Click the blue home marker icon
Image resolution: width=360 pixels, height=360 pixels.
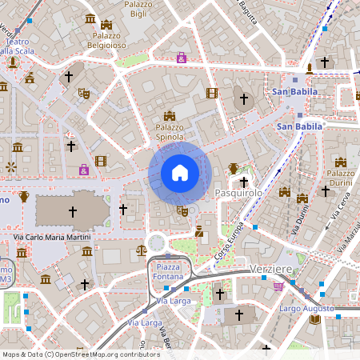tap(180, 173)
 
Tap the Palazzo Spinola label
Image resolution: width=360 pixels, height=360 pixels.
tap(170, 131)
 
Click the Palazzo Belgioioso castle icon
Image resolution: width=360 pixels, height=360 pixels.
tap(106, 26)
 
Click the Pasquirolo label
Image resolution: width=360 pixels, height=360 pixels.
tap(239, 194)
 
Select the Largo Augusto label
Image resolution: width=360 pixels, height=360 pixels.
tap(306, 308)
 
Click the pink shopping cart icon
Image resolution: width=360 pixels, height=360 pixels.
tap(278, 286)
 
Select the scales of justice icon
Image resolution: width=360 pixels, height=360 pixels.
tap(142, 250)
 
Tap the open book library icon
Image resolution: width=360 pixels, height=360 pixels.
tap(315, 320)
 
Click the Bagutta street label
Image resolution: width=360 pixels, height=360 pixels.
tap(248, 13)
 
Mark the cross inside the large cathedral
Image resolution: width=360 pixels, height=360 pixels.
tap(72, 212)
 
